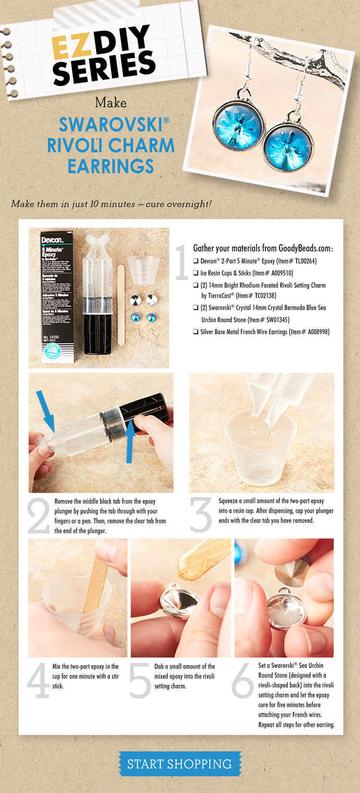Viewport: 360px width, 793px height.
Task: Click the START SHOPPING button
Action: (x=180, y=764)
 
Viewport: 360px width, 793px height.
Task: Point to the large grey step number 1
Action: (x=181, y=262)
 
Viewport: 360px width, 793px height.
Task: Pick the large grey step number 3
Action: (x=201, y=515)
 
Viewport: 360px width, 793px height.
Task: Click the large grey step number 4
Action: (x=38, y=680)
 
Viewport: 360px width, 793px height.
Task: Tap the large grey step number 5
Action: (x=140, y=680)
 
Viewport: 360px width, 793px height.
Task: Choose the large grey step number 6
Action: (x=242, y=680)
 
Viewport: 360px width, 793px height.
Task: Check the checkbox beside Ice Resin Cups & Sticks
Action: (x=195, y=273)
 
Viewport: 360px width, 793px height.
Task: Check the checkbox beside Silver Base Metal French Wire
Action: (x=195, y=332)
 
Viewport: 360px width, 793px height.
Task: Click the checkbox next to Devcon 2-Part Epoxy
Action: (x=195, y=261)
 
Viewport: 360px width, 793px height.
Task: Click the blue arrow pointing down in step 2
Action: (x=46, y=411)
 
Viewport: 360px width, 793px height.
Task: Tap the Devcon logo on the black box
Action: (x=52, y=240)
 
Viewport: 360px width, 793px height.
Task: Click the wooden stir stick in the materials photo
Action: (x=120, y=305)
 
